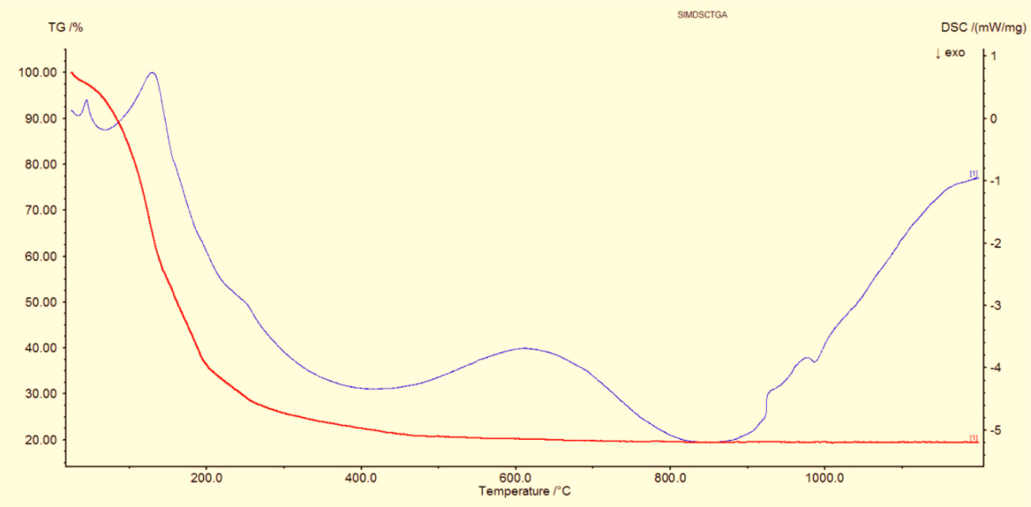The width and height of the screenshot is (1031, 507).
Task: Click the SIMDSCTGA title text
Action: click(x=702, y=15)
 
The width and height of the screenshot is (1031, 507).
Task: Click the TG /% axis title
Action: click(x=65, y=27)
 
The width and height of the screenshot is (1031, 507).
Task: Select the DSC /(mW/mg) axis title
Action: click(x=983, y=27)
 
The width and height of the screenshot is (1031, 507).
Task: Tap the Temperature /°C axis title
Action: click(x=525, y=491)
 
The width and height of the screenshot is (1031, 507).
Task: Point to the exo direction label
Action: click(x=950, y=53)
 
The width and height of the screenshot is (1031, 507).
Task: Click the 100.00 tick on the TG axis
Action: click(x=37, y=72)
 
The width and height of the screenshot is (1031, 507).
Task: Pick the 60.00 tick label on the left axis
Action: click(x=40, y=256)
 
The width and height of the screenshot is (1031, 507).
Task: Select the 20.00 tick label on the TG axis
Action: click(x=40, y=440)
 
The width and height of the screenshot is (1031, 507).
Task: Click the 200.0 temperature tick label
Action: click(x=206, y=478)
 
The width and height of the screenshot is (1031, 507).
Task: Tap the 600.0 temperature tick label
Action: click(x=515, y=478)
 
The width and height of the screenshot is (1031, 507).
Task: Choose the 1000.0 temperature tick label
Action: click(x=825, y=478)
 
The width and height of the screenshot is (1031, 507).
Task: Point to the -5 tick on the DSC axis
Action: click(x=995, y=430)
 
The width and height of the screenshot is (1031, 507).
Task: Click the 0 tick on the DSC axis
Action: click(x=994, y=119)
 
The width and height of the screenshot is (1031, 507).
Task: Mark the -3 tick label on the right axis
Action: click(x=995, y=306)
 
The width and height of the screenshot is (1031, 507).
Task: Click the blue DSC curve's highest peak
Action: click(x=152, y=73)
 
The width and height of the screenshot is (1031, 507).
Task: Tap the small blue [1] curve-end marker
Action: click(x=974, y=174)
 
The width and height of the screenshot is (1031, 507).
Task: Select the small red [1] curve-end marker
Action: click(x=974, y=438)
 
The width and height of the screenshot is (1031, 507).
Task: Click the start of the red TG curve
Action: click(x=72, y=73)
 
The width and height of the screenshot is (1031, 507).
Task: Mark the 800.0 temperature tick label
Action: click(x=670, y=478)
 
